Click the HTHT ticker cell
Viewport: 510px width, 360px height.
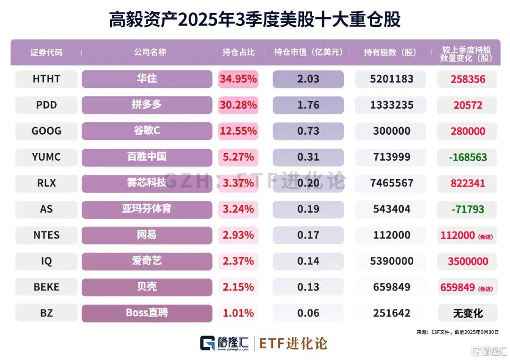pos(46,79)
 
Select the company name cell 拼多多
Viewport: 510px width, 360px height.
pos(146,105)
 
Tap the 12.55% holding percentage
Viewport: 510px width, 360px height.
pos(238,131)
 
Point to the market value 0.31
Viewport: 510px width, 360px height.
pos(308,157)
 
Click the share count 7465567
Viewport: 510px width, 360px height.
pos(390,183)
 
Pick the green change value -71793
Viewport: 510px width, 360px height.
pos(467,209)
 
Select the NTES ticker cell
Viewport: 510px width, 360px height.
pos(46,235)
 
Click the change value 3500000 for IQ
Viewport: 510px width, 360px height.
pos(467,261)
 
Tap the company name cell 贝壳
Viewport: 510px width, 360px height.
pos(146,287)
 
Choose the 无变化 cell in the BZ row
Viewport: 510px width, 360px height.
pos(467,313)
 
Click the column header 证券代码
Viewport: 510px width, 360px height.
pos(46,52)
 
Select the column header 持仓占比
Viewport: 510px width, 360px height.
pos(238,52)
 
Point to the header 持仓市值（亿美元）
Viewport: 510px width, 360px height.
pos(308,52)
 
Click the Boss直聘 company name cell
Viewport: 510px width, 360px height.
pos(146,313)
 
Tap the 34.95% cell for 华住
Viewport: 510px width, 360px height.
pos(238,79)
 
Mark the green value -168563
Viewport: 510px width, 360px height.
pos(467,157)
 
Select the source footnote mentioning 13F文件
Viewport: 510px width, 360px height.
pos(457,332)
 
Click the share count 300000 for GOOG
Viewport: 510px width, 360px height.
pos(390,131)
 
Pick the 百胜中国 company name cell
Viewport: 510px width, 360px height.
pos(146,157)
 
